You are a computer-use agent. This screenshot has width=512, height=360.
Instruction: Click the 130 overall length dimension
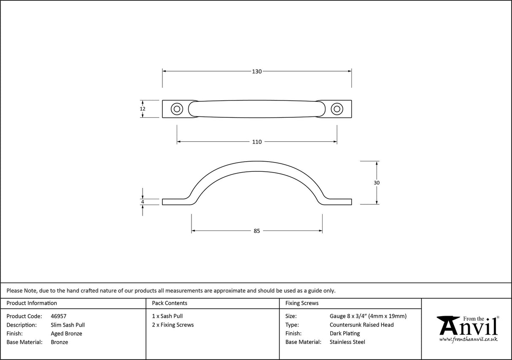(x=257, y=71)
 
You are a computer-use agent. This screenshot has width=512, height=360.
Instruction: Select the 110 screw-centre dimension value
(x=257, y=142)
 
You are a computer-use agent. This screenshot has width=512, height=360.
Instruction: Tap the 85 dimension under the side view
(x=257, y=231)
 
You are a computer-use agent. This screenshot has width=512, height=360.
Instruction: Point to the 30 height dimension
(x=377, y=183)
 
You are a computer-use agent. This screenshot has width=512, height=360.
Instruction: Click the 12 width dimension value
(x=143, y=109)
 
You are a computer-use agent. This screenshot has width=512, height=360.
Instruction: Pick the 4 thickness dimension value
(x=143, y=202)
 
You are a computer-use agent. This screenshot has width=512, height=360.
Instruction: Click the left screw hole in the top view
(x=177, y=109)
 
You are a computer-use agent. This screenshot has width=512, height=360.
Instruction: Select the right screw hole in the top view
(x=337, y=109)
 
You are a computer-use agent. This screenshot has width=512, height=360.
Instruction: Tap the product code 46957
(x=58, y=316)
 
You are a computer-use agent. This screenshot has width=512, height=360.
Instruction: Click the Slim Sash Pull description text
(x=67, y=325)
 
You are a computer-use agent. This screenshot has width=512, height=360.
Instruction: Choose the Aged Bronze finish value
(x=66, y=333)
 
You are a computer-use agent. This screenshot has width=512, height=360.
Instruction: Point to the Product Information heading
(x=32, y=303)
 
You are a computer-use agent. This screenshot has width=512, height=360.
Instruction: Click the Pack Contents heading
(x=170, y=303)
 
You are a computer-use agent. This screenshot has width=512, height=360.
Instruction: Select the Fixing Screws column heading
(x=302, y=303)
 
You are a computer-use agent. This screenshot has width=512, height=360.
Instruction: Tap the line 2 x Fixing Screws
(x=173, y=325)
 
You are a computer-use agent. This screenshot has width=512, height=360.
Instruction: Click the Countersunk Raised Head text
(x=361, y=325)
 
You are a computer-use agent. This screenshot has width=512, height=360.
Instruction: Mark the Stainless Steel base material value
(x=347, y=342)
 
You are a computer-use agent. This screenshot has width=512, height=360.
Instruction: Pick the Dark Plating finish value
(x=345, y=333)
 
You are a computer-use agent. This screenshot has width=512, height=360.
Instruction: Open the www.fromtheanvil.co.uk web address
(x=468, y=339)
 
